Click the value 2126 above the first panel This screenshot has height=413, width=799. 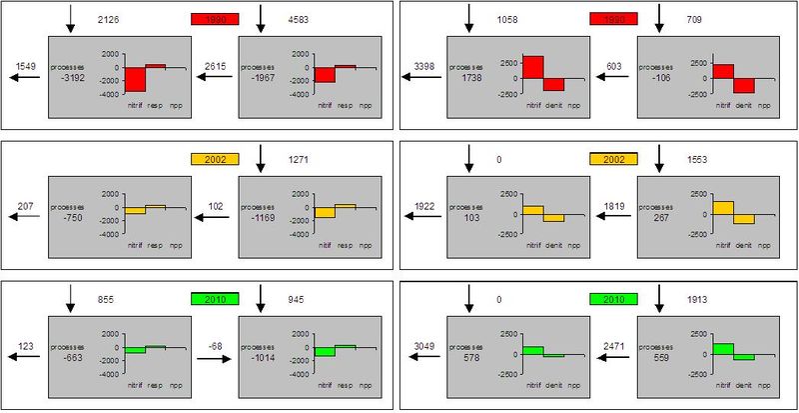pyautogui.click(x=112, y=19)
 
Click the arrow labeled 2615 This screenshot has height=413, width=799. pyautogui.click(x=215, y=76)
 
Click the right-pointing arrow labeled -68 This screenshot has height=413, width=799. pyautogui.click(x=215, y=356)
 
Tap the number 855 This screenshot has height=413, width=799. pyautogui.click(x=112, y=298)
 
